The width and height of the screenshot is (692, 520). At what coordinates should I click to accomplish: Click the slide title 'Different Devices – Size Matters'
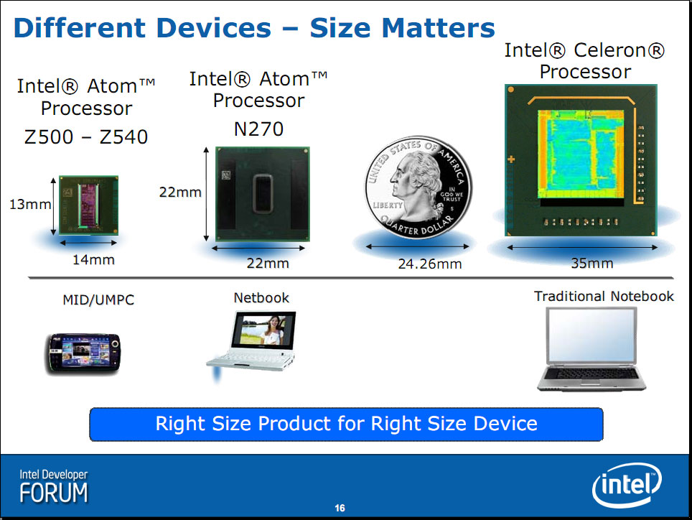254,28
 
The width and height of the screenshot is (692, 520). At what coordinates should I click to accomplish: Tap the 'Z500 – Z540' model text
86,137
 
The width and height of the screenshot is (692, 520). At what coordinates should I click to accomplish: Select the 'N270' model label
258,129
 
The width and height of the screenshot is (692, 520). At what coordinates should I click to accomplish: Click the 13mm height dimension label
30,205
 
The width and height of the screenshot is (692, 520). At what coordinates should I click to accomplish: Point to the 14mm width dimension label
93,259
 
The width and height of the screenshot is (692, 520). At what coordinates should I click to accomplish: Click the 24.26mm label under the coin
430,264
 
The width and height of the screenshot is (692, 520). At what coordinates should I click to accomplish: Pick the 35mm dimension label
592,263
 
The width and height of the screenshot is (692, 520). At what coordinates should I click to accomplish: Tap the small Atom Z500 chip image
89,205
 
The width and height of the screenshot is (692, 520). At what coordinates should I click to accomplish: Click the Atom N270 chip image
263,194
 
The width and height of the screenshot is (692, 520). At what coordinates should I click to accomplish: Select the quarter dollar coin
419,187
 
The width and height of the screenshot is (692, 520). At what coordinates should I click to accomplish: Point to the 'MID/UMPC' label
98,300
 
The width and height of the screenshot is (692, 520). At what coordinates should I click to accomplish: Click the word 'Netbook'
261,298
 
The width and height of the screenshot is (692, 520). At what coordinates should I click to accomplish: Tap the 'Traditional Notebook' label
604,296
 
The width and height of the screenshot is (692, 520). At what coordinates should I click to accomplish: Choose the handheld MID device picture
83,354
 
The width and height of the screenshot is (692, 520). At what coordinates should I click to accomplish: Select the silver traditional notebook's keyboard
591,373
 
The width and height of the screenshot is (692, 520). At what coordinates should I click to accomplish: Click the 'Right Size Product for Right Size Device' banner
347,424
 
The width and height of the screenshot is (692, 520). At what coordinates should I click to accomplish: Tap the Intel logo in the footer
627,485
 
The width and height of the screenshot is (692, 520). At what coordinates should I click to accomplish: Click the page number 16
340,508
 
